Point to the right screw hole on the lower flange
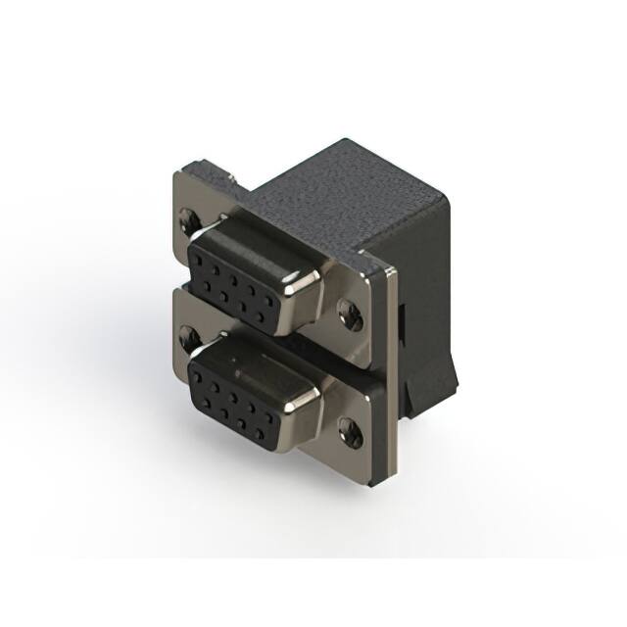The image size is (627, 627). [350, 427]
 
